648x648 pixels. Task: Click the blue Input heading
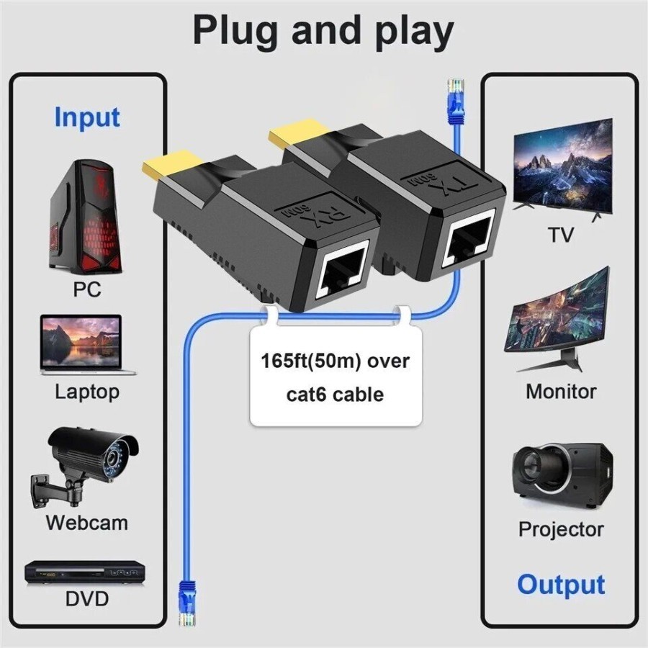point(87,117)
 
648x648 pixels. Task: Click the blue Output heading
point(561,585)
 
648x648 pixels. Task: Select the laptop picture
point(87,345)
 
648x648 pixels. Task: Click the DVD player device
point(86,572)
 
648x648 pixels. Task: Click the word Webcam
point(86,522)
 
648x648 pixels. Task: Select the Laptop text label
point(87,392)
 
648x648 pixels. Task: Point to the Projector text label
point(561,529)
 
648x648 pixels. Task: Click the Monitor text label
point(561,392)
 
